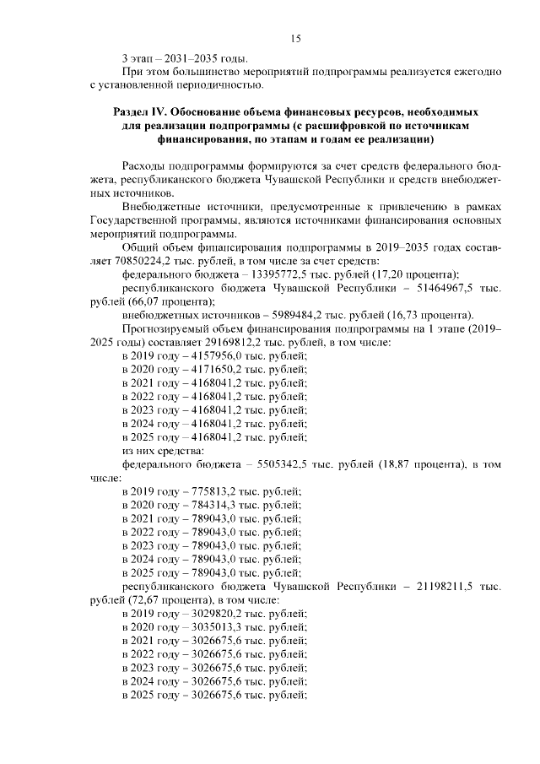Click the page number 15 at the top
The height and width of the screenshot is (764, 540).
tap(295, 38)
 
